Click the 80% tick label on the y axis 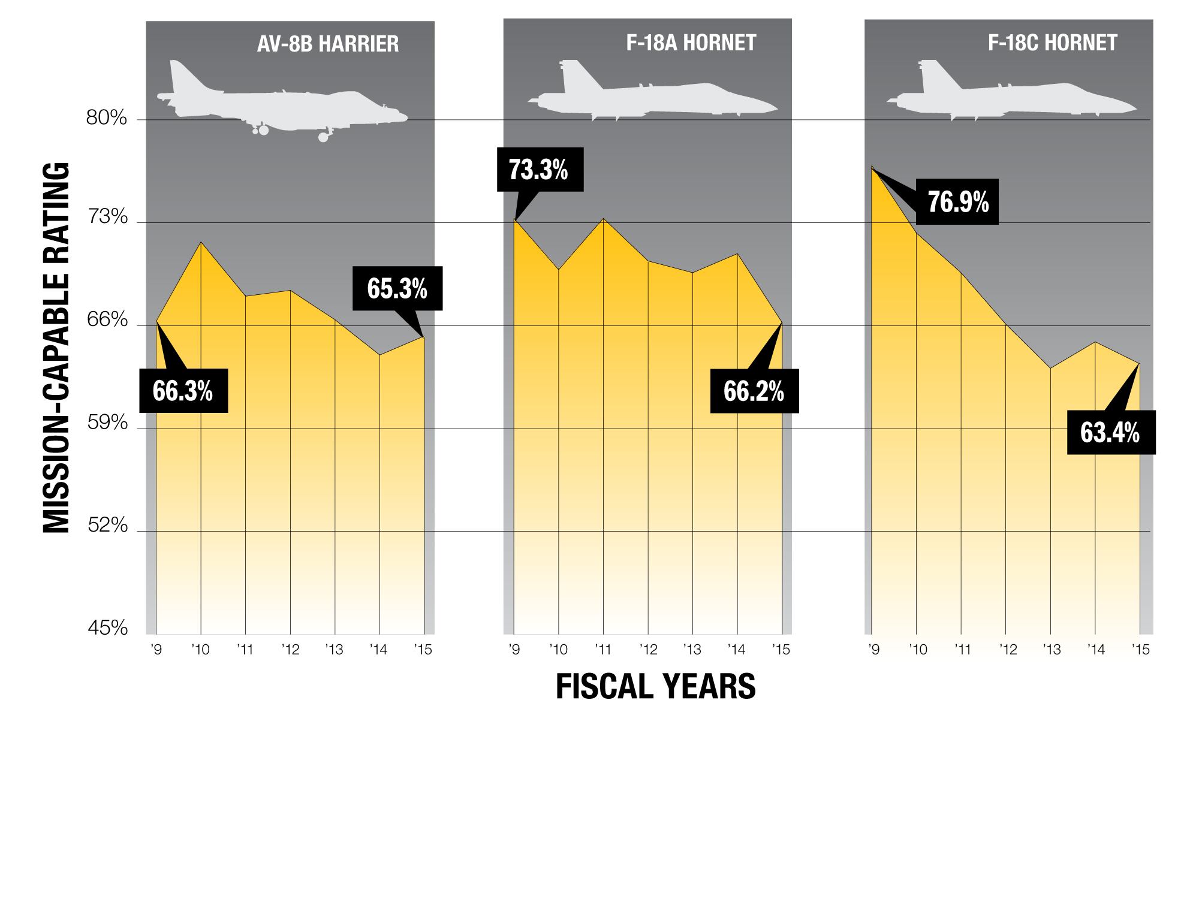pos(107,118)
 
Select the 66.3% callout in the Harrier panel pos(183,391)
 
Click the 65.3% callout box pos(397,288)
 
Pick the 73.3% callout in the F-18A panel pos(539,170)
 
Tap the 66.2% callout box pos(754,391)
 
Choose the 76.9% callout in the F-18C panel pos(958,203)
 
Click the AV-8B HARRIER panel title pos(327,44)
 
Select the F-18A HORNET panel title pos(691,43)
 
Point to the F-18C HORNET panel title pos(1052,43)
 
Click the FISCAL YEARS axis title pos(655,687)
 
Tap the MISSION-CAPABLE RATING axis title pos(58,348)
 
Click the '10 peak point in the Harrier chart pos(201,242)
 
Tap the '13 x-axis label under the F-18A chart pos(692,650)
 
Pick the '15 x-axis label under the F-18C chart pos(1140,650)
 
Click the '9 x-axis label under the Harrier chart pos(157,650)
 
